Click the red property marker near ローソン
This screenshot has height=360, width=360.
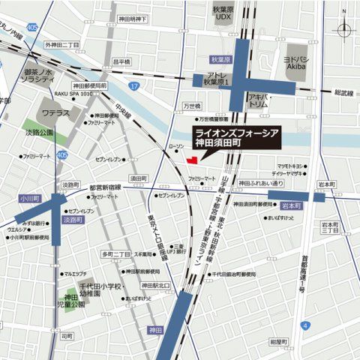(192, 159)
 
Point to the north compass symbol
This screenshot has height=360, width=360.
(344, 30)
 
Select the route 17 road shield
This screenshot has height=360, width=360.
(133, 87)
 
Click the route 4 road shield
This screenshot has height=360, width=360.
(304, 325)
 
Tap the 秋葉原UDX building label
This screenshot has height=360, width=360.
(224, 14)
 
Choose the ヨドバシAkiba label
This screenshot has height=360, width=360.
(302, 61)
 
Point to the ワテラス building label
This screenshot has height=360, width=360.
(55, 113)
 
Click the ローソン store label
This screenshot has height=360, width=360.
(175, 147)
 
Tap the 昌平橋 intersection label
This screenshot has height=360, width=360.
(121, 61)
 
